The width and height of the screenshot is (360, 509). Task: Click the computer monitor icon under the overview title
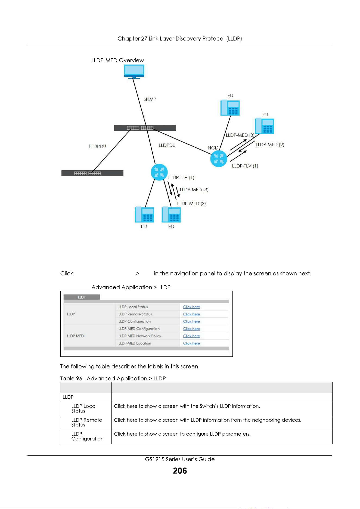click(x=134, y=72)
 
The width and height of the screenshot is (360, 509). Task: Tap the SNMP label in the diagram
click(x=150, y=99)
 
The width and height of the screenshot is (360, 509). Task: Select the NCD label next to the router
click(x=213, y=148)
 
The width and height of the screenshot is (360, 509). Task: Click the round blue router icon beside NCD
click(x=219, y=159)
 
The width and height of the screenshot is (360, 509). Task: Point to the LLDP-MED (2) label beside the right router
click(x=270, y=145)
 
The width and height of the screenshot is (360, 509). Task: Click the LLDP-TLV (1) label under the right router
click(x=245, y=166)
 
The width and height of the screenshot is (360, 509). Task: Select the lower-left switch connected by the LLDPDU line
click(x=92, y=173)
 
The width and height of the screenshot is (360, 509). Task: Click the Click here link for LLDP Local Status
click(x=191, y=307)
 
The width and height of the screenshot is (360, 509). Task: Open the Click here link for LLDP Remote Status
click(x=191, y=314)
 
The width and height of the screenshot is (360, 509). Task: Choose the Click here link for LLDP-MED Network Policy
click(x=191, y=336)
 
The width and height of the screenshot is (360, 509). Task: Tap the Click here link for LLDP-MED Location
click(x=191, y=343)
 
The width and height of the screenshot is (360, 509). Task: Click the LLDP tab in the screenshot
click(x=82, y=297)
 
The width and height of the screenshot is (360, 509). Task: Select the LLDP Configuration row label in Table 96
click(x=87, y=436)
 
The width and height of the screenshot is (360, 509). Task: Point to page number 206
click(x=180, y=471)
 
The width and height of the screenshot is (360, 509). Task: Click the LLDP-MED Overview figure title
click(x=118, y=60)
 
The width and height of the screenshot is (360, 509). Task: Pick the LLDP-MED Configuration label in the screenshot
click(x=139, y=329)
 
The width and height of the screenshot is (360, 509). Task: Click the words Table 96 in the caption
click(x=71, y=378)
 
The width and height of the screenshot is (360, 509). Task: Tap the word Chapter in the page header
click(x=129, y=39)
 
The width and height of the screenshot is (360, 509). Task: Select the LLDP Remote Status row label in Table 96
click(x=86, y=423)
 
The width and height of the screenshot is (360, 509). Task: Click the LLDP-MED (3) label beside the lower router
click(x=194, y=190)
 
